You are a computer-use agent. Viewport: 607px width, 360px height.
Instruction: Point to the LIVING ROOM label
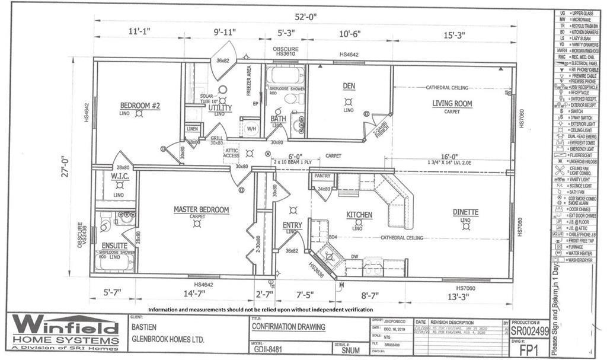point(452,103)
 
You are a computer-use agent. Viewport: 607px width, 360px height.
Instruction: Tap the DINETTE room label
point(465,212)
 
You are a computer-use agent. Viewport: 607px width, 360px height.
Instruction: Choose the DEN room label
point(349,86)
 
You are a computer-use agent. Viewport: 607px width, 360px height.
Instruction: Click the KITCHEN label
point(359,215)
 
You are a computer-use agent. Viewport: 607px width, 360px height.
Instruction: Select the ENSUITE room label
point(114,245)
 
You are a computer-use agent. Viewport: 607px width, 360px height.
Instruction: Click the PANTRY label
point(322,176)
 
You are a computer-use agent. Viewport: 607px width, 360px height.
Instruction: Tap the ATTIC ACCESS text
point(232,154)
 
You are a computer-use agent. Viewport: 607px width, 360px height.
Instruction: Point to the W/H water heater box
point(250,128)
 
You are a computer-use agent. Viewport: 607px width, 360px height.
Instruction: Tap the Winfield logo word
point(65,325)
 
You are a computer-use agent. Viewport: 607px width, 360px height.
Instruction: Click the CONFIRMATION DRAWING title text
point(289,326)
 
